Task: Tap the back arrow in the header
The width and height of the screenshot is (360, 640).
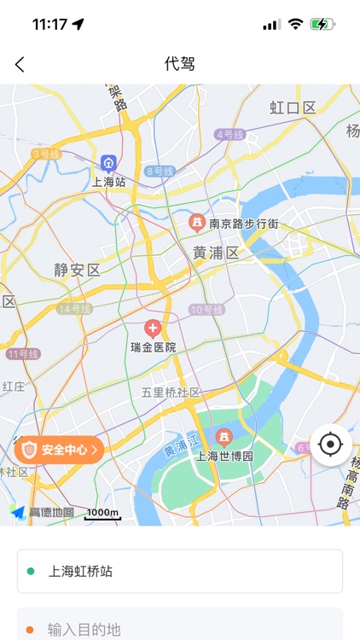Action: (x=20, y=64)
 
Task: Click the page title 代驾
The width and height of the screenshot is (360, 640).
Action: (x=179, y=64)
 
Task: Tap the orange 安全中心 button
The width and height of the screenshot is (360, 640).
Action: (x=59, y=449)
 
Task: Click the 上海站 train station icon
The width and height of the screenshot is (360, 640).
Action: (x=108, y=163)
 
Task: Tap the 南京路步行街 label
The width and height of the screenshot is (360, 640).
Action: (x=244, y=224)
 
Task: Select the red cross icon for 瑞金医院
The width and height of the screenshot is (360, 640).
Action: (x=153, y=328)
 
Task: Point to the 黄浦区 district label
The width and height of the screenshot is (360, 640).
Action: (x=216, y=253)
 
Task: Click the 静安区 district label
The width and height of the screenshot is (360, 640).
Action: (x=77, y=270)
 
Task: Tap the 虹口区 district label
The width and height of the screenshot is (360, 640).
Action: (x=293, y=108)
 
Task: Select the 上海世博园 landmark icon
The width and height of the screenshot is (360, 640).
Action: (x=224, y=437)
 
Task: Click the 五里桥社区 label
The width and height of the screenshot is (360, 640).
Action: (x=171, y=393)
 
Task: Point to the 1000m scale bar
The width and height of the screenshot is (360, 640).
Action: (x=102, y=514)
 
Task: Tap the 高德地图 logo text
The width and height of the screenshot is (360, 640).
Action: (x=51, y=513)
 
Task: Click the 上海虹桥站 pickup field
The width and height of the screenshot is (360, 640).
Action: (x=180, y=571)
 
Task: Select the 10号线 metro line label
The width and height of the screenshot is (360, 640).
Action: (x=206, y=310)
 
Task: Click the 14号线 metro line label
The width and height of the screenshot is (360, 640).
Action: (x=75, y=309)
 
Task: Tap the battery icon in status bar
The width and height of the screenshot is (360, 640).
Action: (x=322, y=25)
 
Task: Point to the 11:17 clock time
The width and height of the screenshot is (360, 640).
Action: (x=49, y=25)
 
